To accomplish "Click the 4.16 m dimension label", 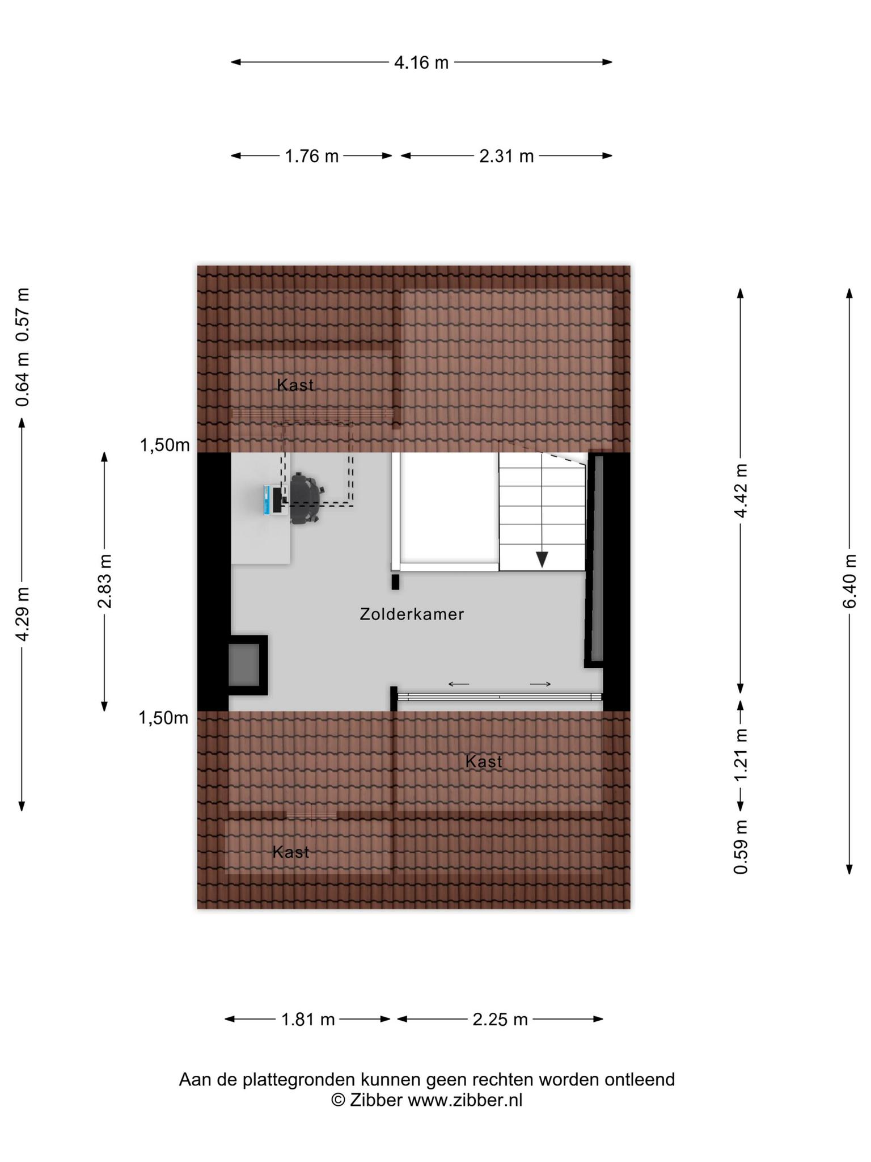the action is [x=421, y=62].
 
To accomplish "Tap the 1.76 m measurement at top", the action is [x=311, y=156].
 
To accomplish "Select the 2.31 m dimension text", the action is [x=506, y=156].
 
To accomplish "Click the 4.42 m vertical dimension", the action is [x=741, y=491].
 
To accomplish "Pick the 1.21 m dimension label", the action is [x=741, y=755].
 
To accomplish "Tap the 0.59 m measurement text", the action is [x=741, y=847].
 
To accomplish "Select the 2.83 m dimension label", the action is [x=104, y=580].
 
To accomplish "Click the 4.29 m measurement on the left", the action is [x=23, y=614].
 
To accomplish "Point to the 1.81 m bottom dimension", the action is [x=308, y=1020].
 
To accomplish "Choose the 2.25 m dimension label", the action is [x=500, y=1020].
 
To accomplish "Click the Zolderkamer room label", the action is [x=412, y=614].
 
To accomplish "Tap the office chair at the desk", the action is [x=305, y=498].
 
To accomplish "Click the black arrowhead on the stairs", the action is [x=542, y=559].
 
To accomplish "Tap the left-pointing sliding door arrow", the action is [x=459, y=684].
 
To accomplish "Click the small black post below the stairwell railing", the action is [x=395, y=582].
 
